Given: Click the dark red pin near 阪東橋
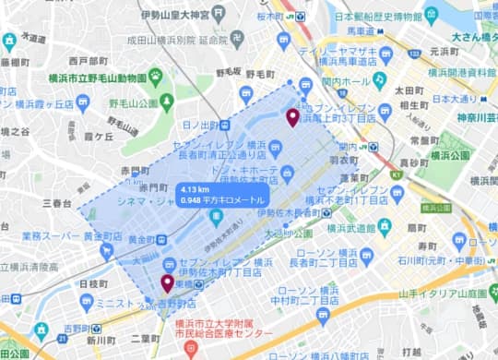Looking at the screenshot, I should pos(167,282).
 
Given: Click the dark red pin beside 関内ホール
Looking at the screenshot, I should pos(292,117).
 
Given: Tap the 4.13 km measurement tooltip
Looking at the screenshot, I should pos(222,195).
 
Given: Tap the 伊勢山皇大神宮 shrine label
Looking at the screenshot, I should pos(185,14).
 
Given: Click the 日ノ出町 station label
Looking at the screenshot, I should pos(200,125).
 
